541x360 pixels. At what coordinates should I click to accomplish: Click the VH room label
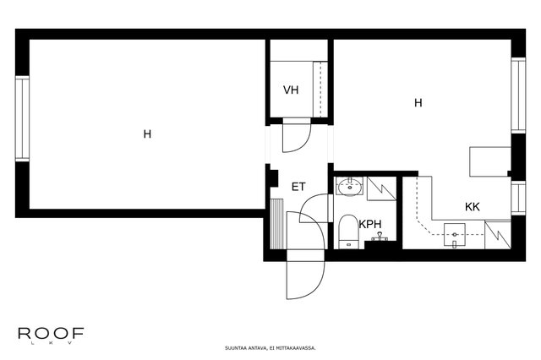(291, 90)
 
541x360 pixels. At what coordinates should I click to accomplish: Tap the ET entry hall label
(298, 187)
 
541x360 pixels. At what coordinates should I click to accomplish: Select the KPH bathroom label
(370, 225)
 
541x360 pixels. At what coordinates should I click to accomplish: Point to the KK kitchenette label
(473, 207)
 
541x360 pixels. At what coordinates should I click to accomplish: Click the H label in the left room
(147, 134)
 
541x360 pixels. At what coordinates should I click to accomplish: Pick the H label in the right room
(418, 103)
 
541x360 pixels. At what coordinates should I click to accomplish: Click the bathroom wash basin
(349, 187)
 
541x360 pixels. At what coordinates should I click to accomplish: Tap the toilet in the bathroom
(348, 232)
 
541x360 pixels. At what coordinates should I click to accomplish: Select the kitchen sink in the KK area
(455, 235)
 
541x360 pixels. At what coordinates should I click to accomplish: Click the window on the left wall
(22, 118)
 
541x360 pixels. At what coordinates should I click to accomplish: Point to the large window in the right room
(518, 95)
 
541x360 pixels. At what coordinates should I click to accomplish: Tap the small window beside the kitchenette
(518, 198)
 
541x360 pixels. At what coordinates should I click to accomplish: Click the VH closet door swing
(297, 136)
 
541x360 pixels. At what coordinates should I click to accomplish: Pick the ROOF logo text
(51, 334)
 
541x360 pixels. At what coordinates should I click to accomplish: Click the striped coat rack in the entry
(276, 224)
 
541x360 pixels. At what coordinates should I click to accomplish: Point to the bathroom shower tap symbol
(380, 237)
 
